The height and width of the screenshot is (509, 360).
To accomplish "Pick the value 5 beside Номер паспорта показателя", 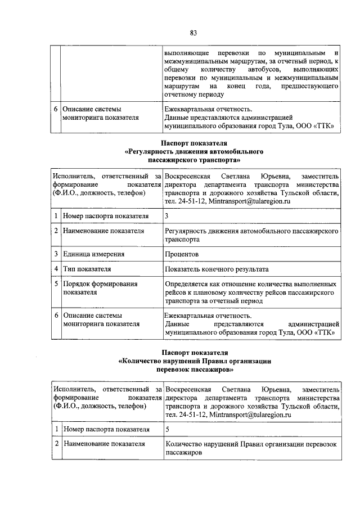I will pyautogui.click(x=167, y=429).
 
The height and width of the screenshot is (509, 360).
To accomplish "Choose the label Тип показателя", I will pyautogui.click(x=87, y=269).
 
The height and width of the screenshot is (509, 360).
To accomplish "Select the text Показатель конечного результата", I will pyautogui.click(x=217, y=269).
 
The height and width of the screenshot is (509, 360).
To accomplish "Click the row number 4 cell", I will pyautogui.click(x=56, y=269).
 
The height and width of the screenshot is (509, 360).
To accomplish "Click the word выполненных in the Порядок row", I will pyautogui.click(x=317, y=284).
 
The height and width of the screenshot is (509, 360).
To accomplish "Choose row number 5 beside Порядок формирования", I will pyautogui.click(x=56, y=284).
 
